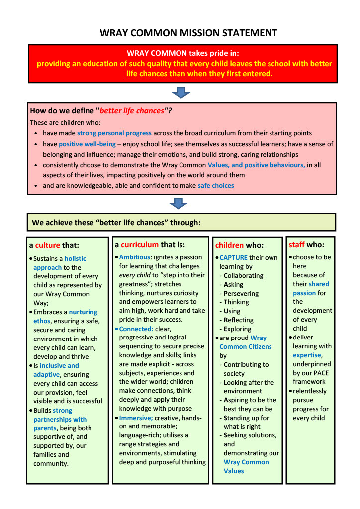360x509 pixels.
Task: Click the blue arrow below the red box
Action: tap(181, 93)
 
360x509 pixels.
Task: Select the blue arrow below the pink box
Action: tap(178, 203)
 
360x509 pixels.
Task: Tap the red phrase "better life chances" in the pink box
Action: tap(132, 111)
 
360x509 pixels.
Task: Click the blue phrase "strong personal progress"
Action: tap(114, 133)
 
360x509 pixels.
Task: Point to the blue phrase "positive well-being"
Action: tap(87, 144)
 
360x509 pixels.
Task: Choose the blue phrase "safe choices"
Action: tap(215, 185)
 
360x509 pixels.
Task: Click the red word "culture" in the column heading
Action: tap(47, 245)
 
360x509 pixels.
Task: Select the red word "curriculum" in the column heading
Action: tap(140, 244)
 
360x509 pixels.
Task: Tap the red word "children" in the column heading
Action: tap(229, 245)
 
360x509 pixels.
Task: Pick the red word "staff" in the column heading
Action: tap(297, 244)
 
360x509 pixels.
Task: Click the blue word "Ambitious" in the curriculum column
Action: tap(136, 257)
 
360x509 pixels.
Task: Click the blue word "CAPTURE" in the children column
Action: tap(234, 257)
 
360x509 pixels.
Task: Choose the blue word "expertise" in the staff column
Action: tap(307, 355)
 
